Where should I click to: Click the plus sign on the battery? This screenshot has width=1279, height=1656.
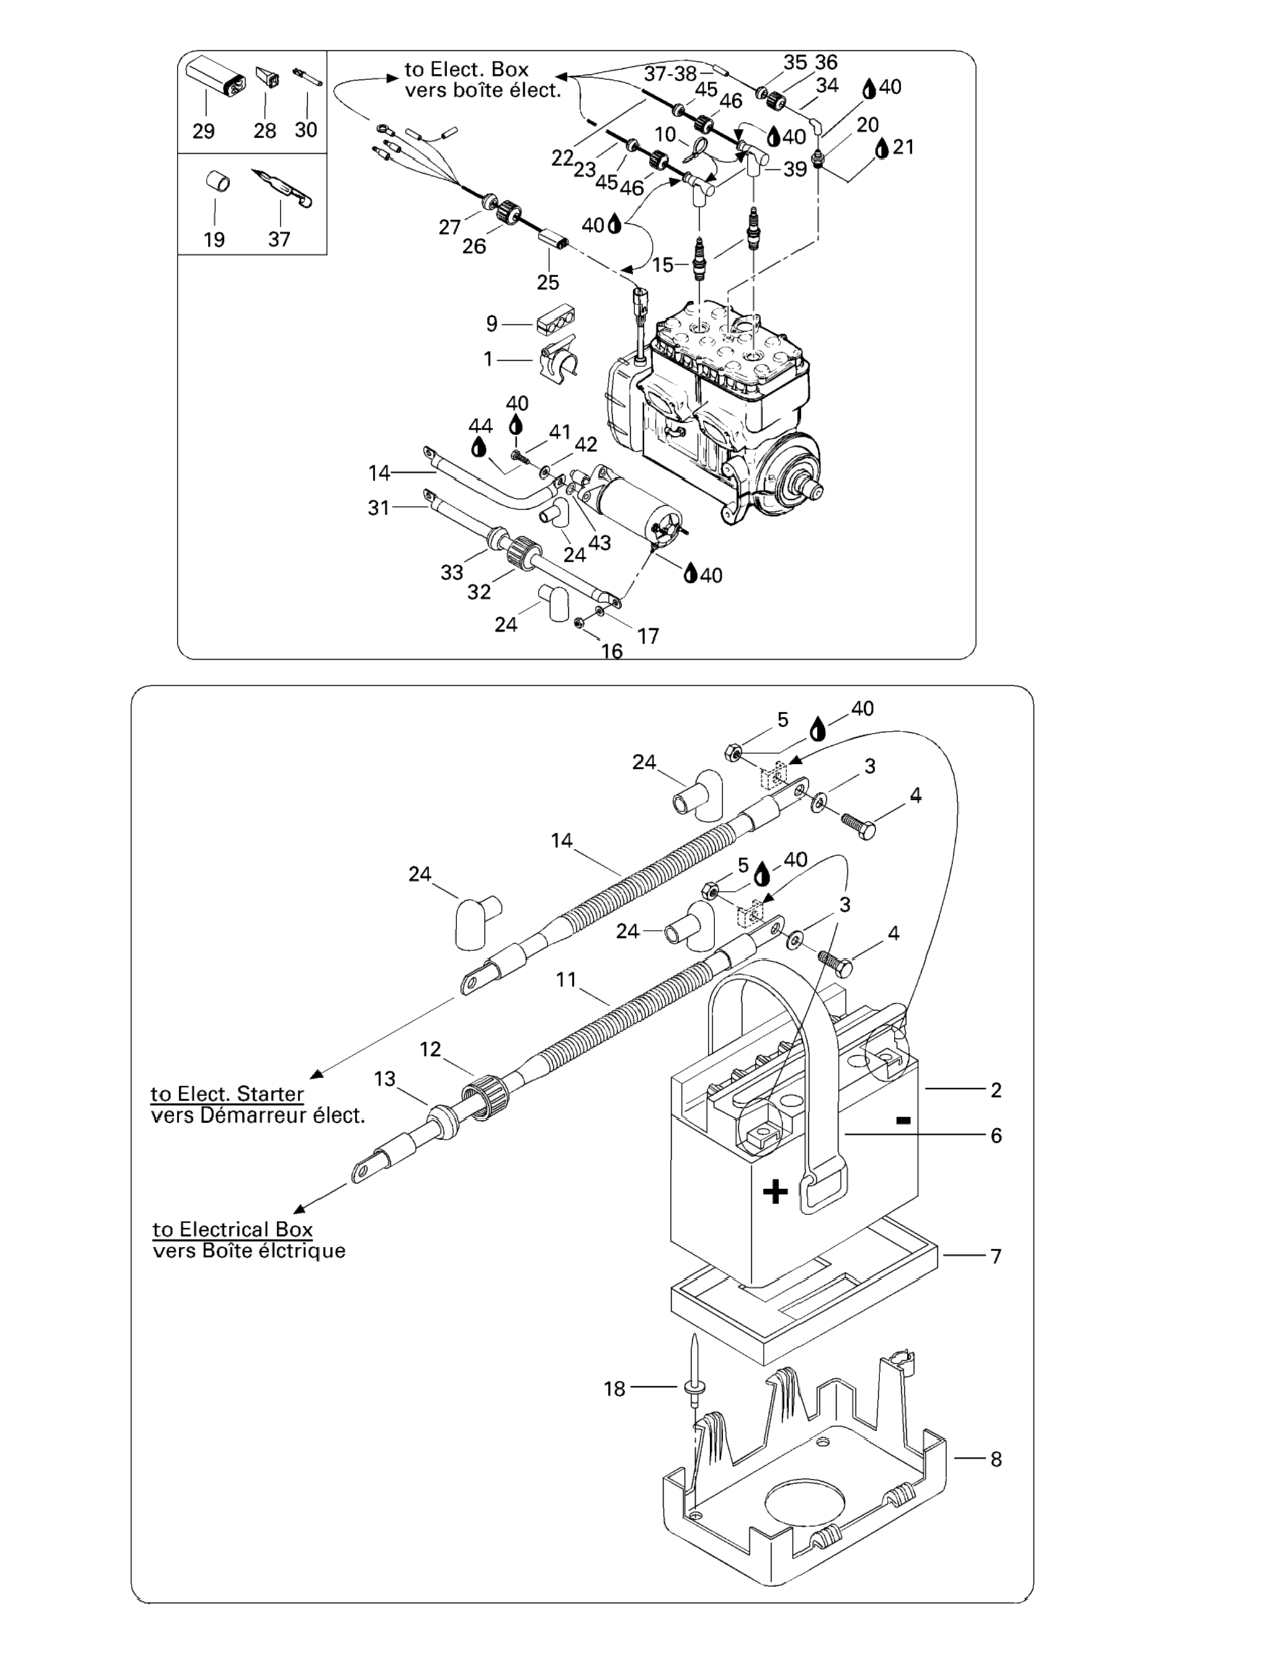coord(775,1193)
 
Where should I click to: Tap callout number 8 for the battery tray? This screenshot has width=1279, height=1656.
coord(996,1459)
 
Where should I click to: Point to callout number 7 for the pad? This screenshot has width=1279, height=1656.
coord(996,1256)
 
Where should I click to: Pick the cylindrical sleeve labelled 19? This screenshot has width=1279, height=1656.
coord(218,182)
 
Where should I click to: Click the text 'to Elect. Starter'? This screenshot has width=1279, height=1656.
coord(228,1094)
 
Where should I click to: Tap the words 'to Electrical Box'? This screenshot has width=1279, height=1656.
coord(233,1229)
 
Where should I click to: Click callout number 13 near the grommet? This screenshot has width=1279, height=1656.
coord(385,1078)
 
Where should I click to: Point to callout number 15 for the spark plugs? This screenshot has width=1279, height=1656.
coord(662,265)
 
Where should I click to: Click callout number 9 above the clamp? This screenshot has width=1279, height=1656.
coord(492,324)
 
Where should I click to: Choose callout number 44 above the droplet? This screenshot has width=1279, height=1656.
coord(480,425)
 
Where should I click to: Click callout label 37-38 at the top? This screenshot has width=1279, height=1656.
coord(670,74)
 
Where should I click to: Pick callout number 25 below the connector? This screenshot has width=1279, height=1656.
coord(548,282)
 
